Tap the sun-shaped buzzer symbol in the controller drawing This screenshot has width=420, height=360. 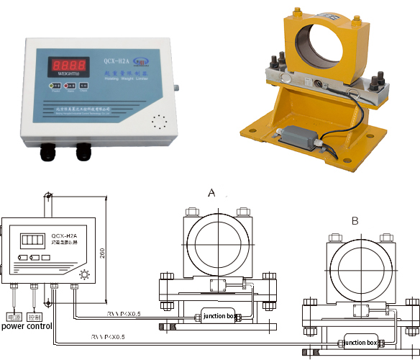click(84, 275)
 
